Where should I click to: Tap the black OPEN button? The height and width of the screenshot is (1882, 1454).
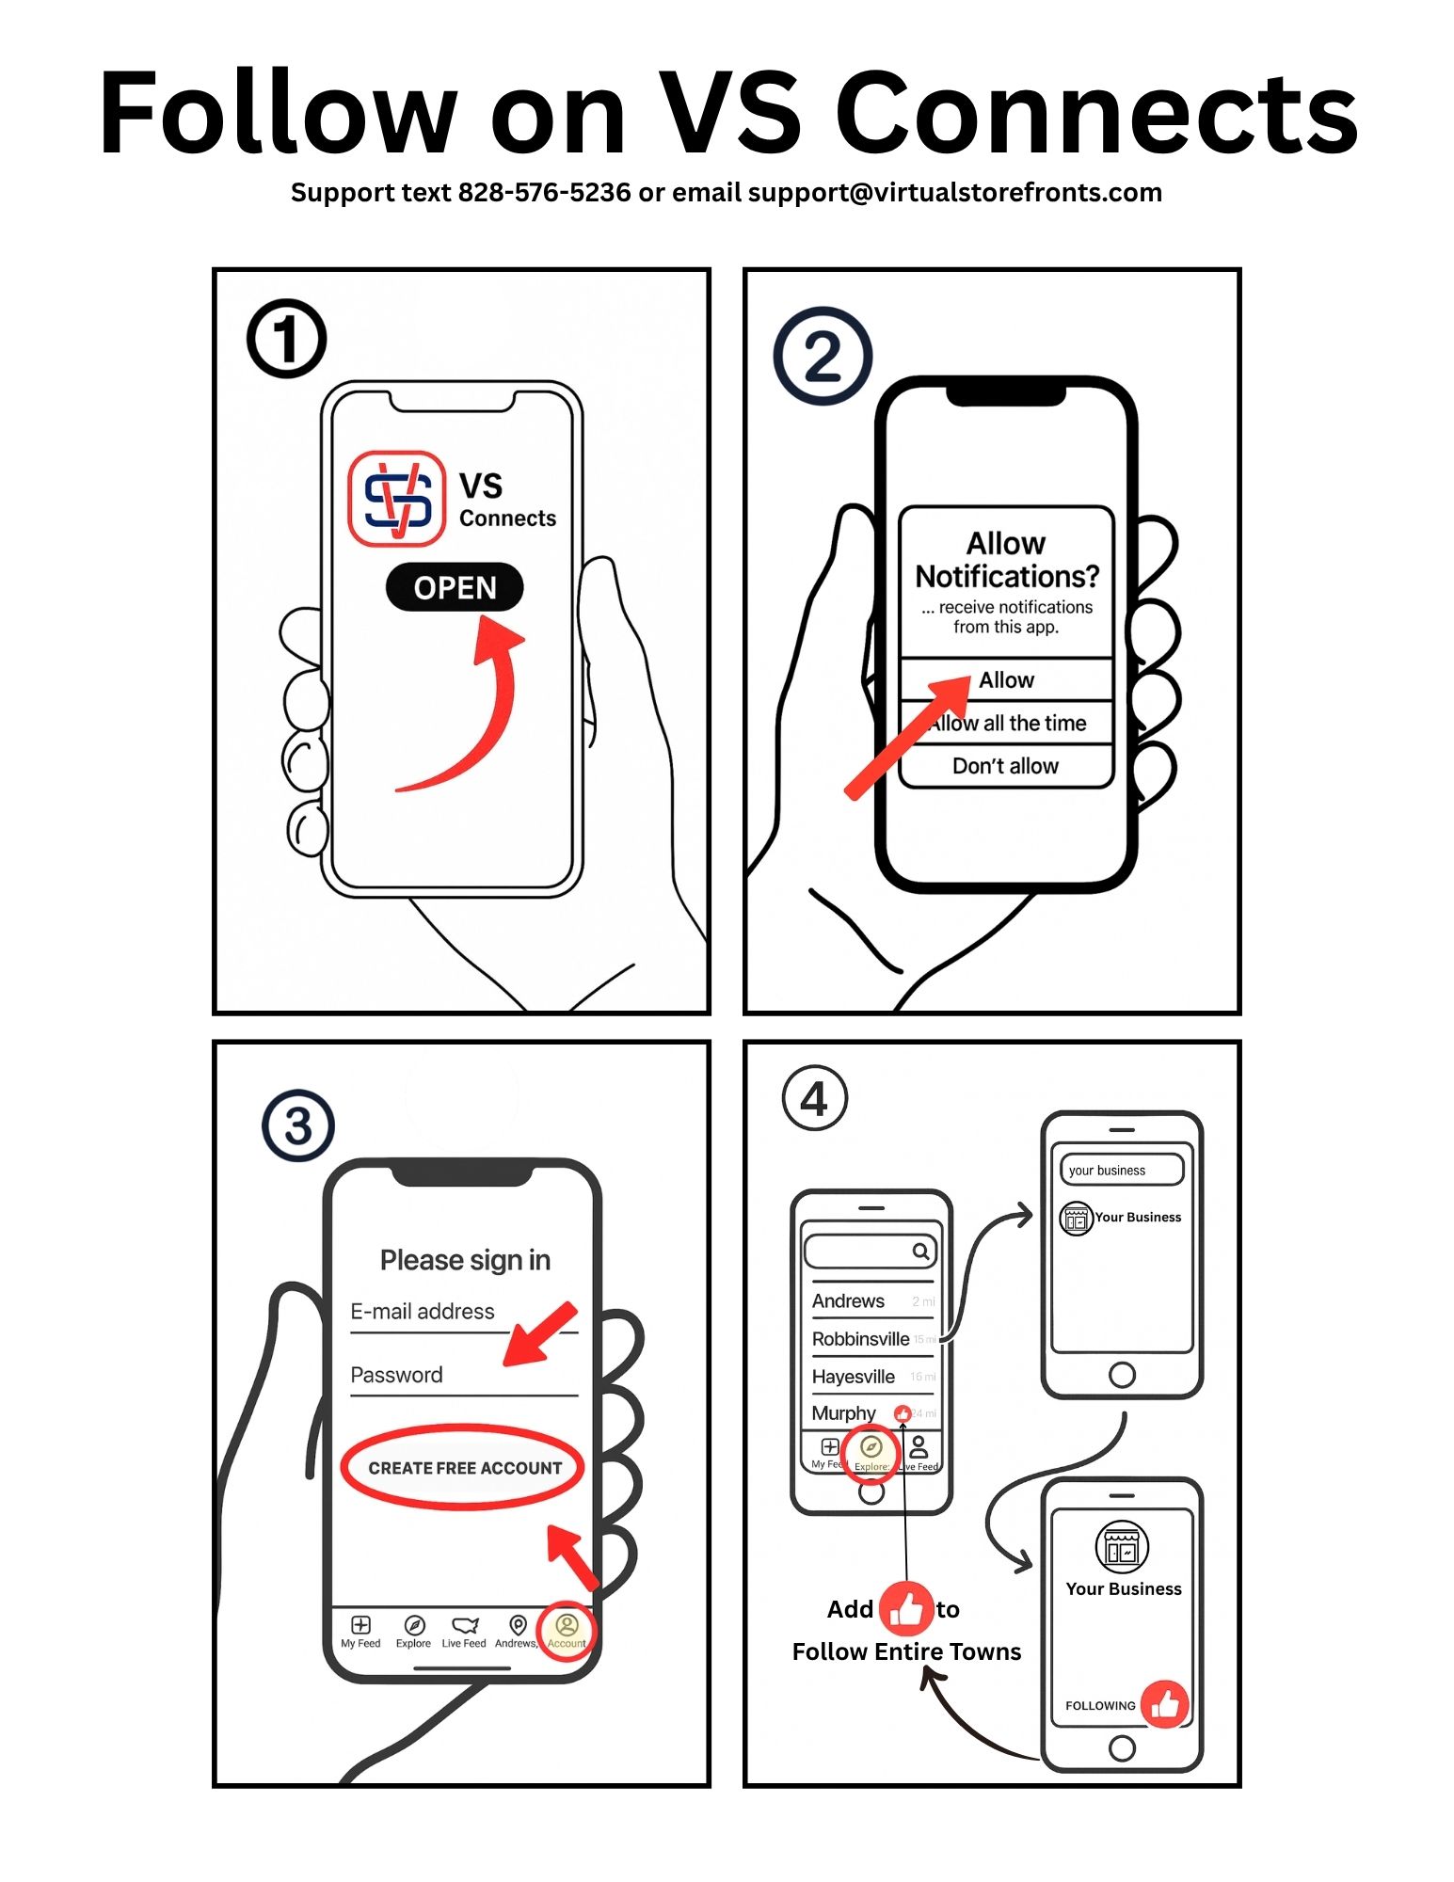(455, 587)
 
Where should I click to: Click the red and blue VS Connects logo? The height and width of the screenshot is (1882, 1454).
(396, 499)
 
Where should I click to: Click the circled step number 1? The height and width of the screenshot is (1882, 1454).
(286, 339)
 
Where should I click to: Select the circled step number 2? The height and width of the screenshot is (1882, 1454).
(823, 356)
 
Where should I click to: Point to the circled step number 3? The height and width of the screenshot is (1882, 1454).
(298, 1125)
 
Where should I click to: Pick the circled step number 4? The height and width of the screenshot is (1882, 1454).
(815, 1098)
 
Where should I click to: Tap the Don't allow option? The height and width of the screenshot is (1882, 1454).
(1005, 766)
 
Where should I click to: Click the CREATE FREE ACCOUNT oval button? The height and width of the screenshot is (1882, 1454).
(463, 1467)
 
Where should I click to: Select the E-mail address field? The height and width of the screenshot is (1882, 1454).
(423, 1312)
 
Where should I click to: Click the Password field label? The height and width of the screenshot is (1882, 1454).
(396, 1375)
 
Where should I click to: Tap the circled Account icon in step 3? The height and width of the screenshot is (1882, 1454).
(567, 1629)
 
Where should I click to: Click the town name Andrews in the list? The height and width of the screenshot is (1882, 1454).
(848, 1300)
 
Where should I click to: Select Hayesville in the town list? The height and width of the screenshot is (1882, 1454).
(853, 1377)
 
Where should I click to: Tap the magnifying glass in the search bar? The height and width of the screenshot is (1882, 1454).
(920, 1251)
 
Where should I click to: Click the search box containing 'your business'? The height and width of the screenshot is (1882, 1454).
(1121, 1171)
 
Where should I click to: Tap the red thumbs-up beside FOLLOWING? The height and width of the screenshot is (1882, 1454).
(1165, 1704)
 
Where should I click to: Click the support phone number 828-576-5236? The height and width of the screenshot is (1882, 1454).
(544, 193)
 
